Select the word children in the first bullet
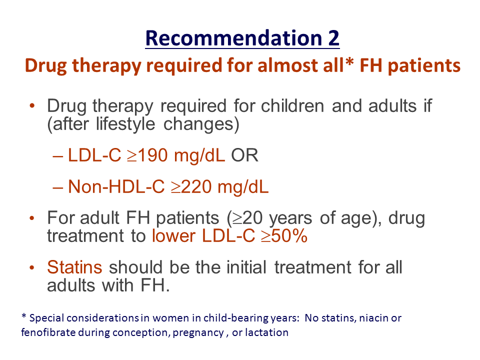[x=292, y=106]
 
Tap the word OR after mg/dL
[x=244, y=155]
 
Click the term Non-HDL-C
[x=116, y=186]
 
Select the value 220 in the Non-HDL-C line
[x=196, y=186]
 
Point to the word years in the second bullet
[x=290, y=219]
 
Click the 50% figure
[x=289, y=236]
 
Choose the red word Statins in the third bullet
[x=74, y=267]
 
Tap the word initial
[x=246, y=267]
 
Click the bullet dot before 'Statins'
[x=32, y=267]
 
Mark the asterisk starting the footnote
[x=24, y=315]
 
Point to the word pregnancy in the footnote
[x=198, y=333]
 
